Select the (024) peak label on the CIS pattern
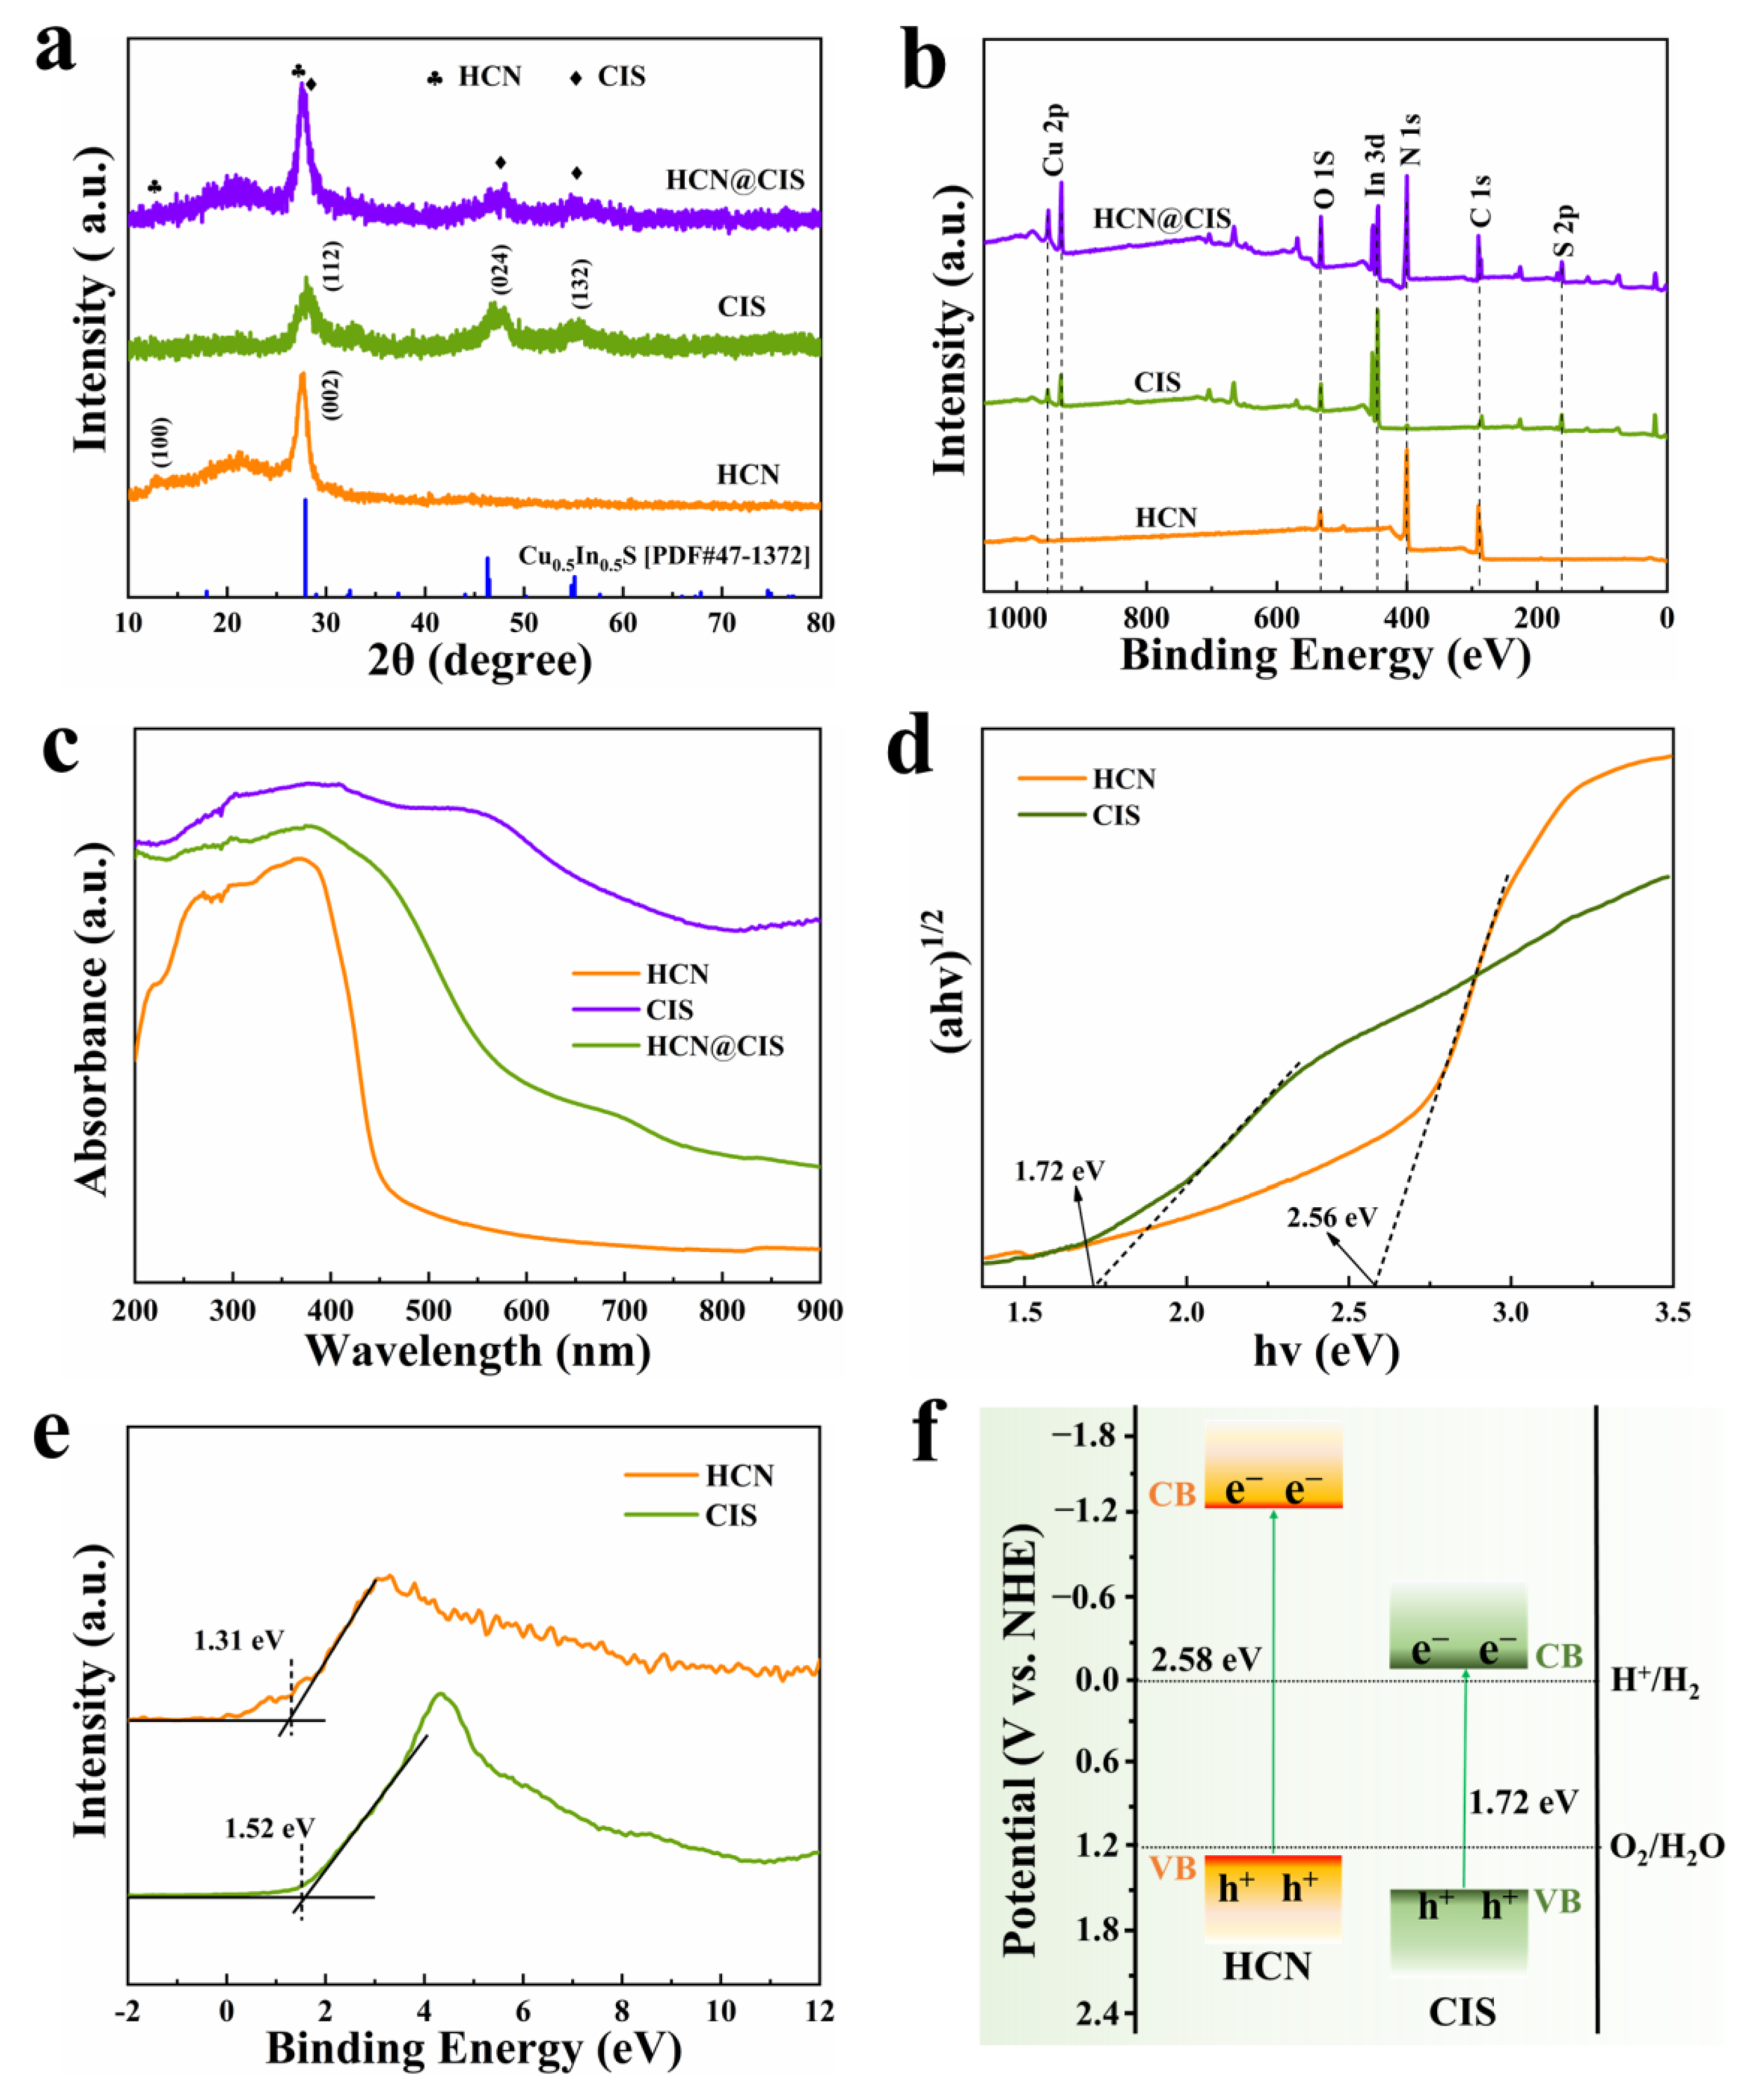point(501,269)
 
